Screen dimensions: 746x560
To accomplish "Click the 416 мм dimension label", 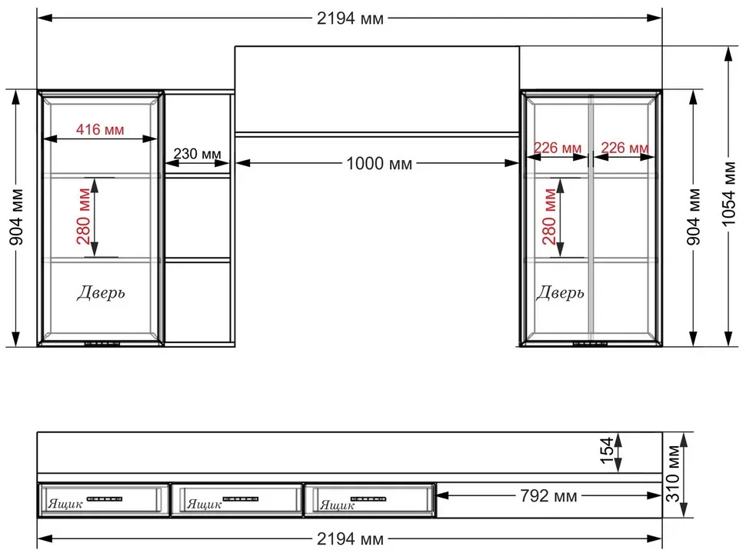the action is tap(100, 129).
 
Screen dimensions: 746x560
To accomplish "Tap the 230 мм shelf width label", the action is tap(197, 154).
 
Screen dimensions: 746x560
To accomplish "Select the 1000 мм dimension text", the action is tap(379, 163).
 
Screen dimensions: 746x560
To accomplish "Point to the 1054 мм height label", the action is tap(729, 194).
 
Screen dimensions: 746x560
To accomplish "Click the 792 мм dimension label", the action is tap(548, 495).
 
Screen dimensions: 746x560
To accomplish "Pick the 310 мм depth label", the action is tap(673, 473).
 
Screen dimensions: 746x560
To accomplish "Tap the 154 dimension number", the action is tap(607, 451).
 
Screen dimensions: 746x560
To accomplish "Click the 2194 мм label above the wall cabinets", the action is tap(350, 18).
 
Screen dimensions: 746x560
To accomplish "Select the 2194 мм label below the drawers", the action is tap(350, 539).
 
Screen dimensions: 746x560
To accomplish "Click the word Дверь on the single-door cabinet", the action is tap(101, 292).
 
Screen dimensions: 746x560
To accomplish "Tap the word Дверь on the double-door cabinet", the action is tap(560, 292).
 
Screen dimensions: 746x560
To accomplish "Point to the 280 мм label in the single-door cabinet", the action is tap(83, 216).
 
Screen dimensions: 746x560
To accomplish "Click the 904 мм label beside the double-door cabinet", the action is tap(694, 217).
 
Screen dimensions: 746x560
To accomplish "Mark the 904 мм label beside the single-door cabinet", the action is tap(16, 217).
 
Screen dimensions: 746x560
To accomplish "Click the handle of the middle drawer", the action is tap(241, 499).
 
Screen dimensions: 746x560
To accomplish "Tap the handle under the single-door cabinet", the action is tap(102, 343).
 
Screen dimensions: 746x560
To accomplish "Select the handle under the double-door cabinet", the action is tap(590, 343).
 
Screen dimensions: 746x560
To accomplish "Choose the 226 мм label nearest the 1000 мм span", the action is tap(557, 148).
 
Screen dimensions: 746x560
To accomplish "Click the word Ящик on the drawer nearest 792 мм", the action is tap(337, 505).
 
